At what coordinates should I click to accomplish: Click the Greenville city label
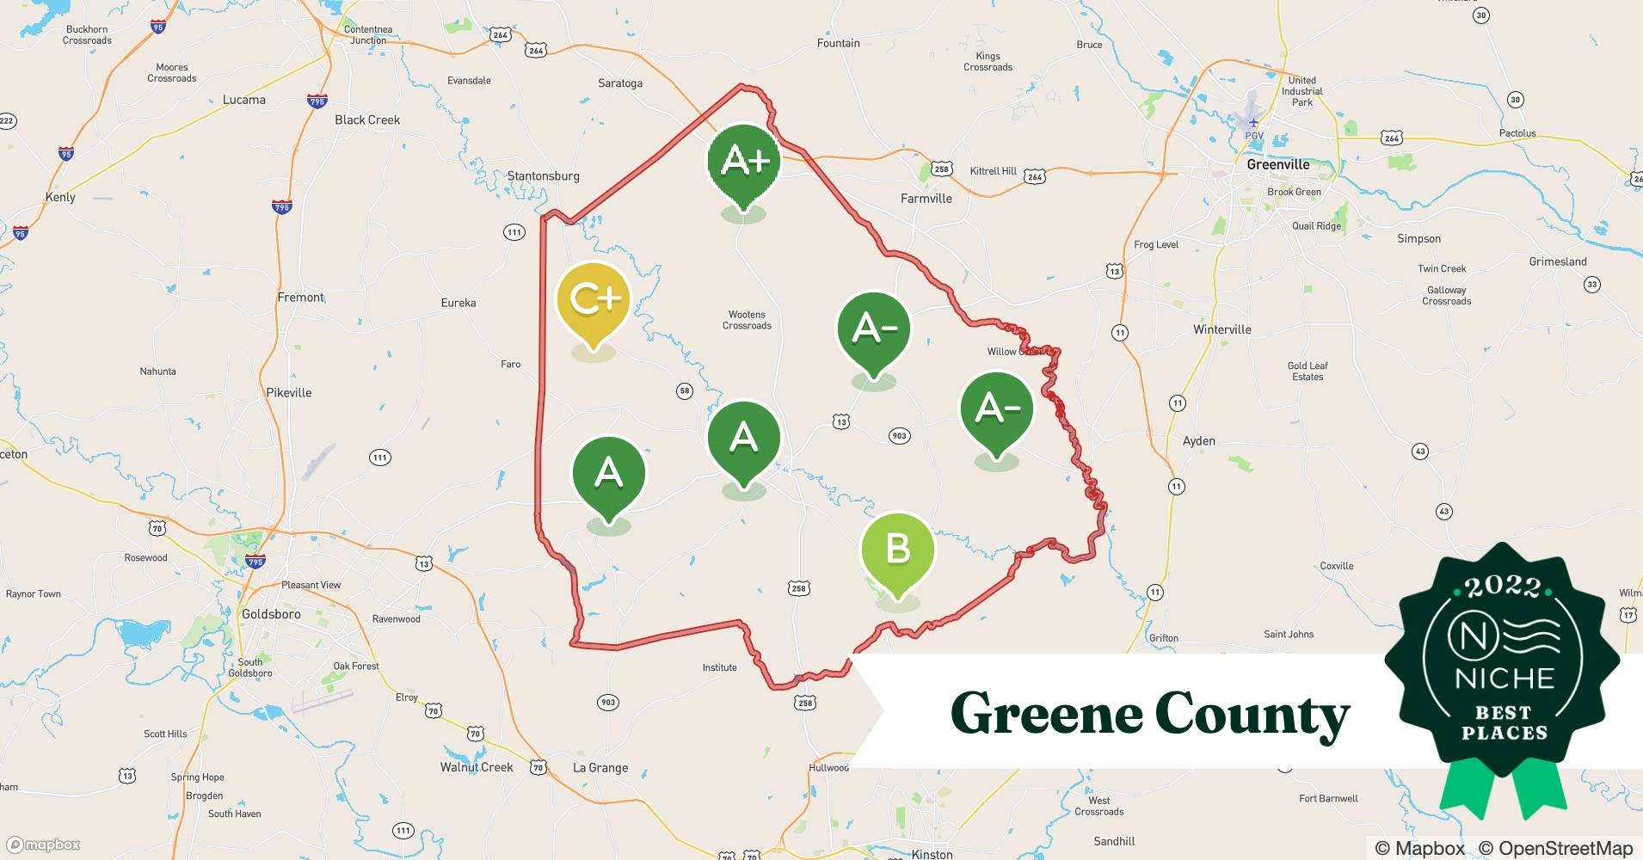tap(1277, 164)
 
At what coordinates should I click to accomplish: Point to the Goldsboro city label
tap(271, 614)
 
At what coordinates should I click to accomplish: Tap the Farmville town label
tap(926, 199)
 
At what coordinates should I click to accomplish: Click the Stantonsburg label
tap(543, 176)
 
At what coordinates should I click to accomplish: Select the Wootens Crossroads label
tap(747, 320)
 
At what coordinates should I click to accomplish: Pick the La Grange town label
tap(600, 768)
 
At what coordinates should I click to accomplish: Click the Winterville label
tap(1221, 329)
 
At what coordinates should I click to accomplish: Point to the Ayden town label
tap(1198, 441)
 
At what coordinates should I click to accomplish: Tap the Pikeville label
tap(288, 393)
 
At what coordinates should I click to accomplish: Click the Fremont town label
tap(300, 298)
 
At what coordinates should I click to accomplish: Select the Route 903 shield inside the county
tap(899, 436)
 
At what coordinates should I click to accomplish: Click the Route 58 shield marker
tap(685, 391)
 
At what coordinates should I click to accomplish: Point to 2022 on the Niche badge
tap(1503, 587)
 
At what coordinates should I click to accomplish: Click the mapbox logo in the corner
tap(43, 845)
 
